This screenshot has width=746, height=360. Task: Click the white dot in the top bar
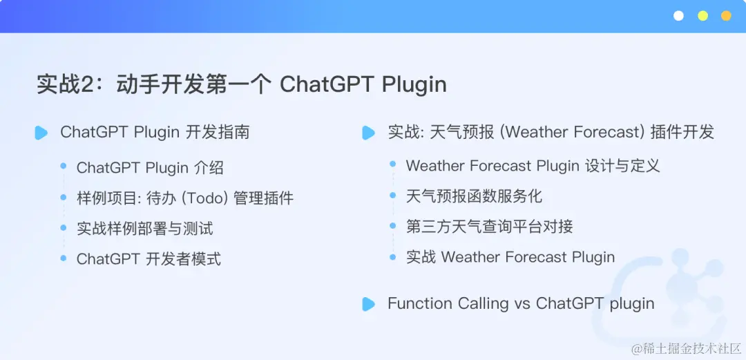[x=678, y=16]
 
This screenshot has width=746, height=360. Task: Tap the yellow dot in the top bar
[x=702, y=16]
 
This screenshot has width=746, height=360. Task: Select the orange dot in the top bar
[x=726, y=16]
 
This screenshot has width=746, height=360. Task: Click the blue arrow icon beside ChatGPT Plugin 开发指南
[x=41, y=133]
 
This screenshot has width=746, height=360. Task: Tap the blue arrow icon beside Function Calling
[x=368, y=304]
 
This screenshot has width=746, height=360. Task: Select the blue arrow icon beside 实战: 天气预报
[x=368, y=133]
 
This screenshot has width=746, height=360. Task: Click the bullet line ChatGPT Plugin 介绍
[x=150, y=168]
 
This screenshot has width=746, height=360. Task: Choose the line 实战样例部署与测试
[x=144, y=229]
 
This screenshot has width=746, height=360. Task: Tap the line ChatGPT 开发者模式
[x=149, y=259]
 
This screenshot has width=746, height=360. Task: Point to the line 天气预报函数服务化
[x=474, y=196]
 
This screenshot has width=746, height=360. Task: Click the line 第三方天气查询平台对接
[x=489, y=227]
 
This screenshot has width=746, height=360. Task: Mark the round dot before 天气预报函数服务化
[x=392, y=195]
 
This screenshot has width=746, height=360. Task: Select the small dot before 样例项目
[x=64, y=197]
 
